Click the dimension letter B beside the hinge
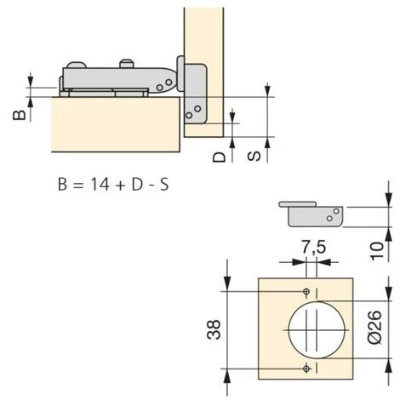pos(20,115)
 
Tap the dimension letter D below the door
pos(219,157)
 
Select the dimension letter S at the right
pos(254,157)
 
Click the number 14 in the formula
pos(100,184)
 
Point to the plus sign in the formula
pos(120,186)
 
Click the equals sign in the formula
pos(78,186)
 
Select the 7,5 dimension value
pos(313,247)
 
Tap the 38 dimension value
pos(214,329)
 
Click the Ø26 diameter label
pos(374,327)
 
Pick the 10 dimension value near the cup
pos(377,251)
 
